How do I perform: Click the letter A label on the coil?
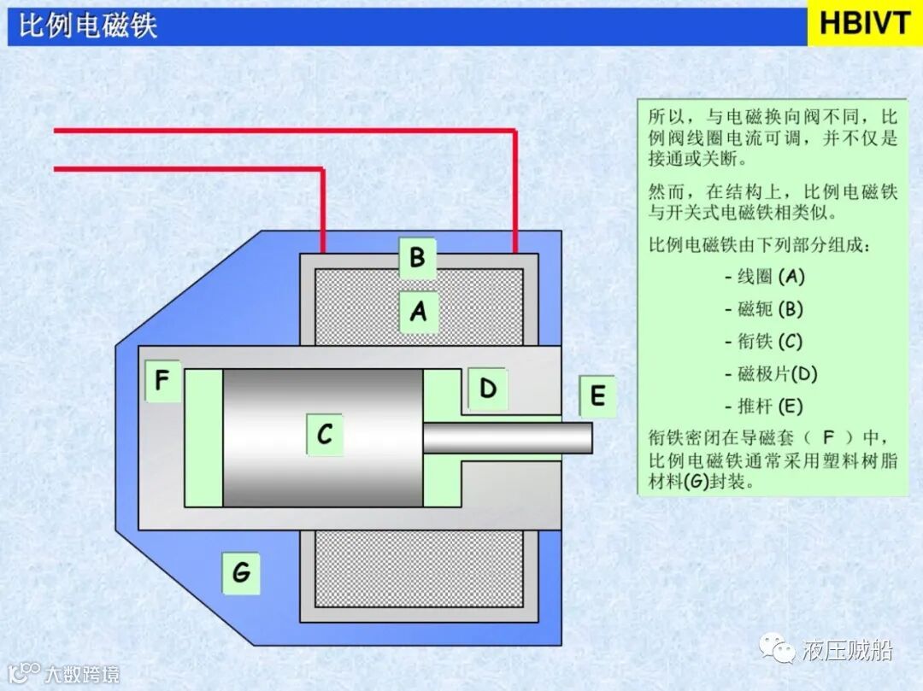coord(418,312)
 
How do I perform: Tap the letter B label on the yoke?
coord(418,257)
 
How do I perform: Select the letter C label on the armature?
coord(325,435)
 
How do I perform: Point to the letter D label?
coord(488,389)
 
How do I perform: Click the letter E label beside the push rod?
coord(597,396)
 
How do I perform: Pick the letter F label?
coord(163,381)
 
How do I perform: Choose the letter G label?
coord(241,571)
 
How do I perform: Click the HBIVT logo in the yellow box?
coord(864,24)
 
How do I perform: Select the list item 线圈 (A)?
coord(764,277)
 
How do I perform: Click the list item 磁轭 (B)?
coord(764,309)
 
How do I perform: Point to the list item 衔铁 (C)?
coord(764,342)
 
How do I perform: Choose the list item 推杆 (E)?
coord(764,407)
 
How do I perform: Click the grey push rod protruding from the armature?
coord(508,438)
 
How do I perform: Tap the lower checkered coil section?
coord(419,568)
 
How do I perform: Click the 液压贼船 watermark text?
coord(848,651)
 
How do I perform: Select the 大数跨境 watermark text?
coord(82,674)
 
